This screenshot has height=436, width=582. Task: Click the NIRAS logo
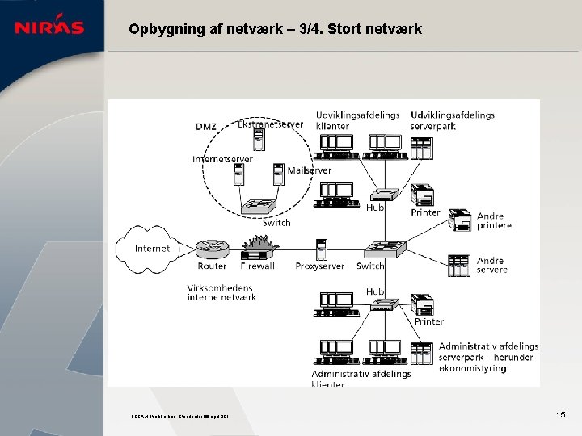(49, 27)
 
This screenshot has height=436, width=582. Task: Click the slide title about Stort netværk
(275, 30)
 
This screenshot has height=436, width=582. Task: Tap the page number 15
(561, 414)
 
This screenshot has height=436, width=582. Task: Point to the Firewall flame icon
(259, 245)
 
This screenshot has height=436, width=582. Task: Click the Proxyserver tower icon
(321, 248)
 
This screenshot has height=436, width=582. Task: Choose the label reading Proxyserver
(319, 266)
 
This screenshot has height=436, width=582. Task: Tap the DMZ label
(206, 127)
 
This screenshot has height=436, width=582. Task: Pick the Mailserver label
(309, 170)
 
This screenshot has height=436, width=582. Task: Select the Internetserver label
(222, 159)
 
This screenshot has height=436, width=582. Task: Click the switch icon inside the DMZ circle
(259, 207)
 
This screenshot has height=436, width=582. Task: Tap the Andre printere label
(494, 220)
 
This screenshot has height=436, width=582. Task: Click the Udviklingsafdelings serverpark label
(452, 120)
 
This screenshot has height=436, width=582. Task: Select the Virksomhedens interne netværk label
(221, 292)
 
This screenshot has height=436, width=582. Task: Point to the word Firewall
(258, 266)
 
